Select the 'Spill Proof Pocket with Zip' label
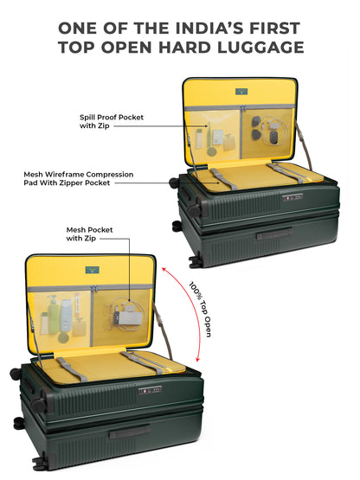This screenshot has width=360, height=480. [x=112, y=122]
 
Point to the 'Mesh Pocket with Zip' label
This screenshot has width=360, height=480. [x=89, y=234]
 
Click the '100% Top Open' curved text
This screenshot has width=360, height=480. [x=200, y=309]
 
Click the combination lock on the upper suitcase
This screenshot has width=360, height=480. [x=292, y=197]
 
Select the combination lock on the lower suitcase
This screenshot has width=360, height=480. [x=150, y=391]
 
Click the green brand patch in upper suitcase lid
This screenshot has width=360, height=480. [x=241, y=91]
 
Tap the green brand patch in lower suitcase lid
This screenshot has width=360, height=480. [x=93, y=270]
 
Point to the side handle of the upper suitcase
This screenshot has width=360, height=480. [x=274, y=234]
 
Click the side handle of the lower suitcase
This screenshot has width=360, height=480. [x=129, y=432]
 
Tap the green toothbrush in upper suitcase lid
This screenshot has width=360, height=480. [x=209, y=137]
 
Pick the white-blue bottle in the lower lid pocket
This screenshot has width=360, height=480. [x=66, y=316]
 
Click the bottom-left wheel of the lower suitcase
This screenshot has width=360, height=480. [x=40, y=464]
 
